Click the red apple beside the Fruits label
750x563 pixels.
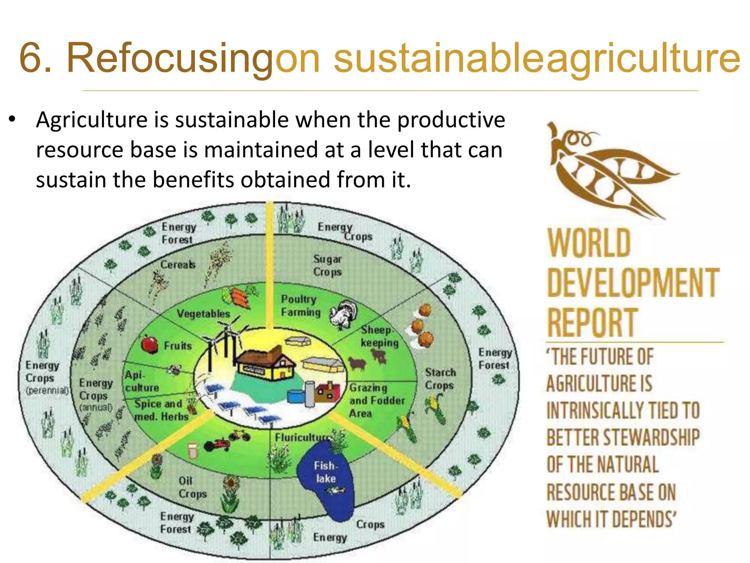point(149,344)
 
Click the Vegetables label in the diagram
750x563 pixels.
point(203,314)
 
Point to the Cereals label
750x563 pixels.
point(178,264)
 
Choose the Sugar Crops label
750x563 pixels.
point(327,265)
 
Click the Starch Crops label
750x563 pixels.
point(440,379)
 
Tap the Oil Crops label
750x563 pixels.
point(192,487)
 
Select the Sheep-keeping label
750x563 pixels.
point(379,336)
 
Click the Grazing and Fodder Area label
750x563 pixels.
point(376,400)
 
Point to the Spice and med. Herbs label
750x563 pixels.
point(160,410)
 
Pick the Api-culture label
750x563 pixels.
point(141,381)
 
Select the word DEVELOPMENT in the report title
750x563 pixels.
point(633,283)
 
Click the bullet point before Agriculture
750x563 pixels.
point(12,119)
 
